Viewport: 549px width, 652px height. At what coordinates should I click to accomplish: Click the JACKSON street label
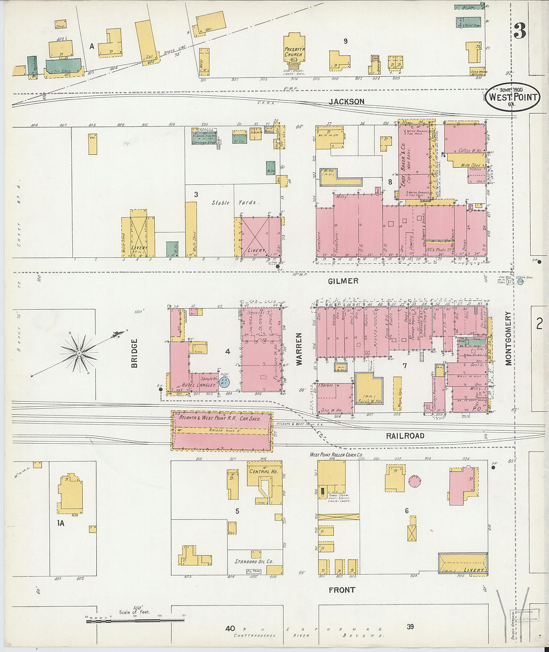[x=346, y=101]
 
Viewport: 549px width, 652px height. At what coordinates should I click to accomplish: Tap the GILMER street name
[x=343, y=281]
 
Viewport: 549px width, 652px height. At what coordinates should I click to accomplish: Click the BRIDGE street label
[x=134, y=353]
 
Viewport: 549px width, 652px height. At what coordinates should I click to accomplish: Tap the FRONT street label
[x=342, y=590]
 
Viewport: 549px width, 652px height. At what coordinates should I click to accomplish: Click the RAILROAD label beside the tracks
[x=405, y=436]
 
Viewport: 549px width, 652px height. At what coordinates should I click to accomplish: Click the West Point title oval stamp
[x=514, y=96]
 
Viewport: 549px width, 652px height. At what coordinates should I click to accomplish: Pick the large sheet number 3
[x=520, y=31]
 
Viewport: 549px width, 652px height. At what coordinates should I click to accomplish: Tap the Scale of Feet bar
[x=135, y=620]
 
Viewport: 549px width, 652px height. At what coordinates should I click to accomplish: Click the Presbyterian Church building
[x=294, y=50]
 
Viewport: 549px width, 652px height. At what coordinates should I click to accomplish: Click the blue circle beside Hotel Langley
[x=224, y=382]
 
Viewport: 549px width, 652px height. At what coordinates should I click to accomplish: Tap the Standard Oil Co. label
[x=254, y=562]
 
